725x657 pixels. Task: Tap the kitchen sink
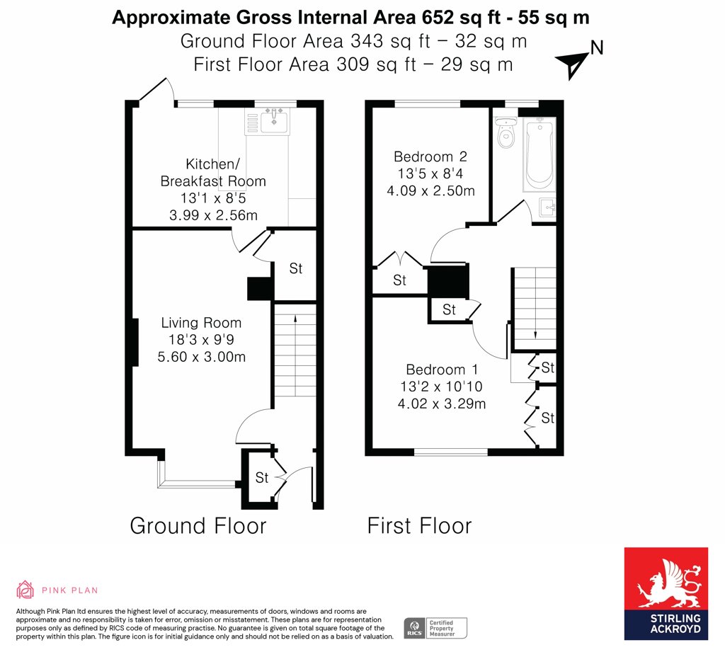pyautogui.click(x=274, y=121)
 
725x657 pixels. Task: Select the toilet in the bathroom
pyautogui.click(x=506, y=132)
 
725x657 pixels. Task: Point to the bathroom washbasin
pyautogui.click(x=547, y=207)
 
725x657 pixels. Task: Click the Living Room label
pyautogui.click(x=201, y=322)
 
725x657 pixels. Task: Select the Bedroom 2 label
pyautogui.click(x=430, y=156)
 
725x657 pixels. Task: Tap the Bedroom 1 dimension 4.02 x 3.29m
pyautogui.click(x=442, y=404)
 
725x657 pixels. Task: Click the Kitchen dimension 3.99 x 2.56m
pyautogui.click(x=213, y=215)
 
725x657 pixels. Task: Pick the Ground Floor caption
pyautogui.click(x=198, y=526)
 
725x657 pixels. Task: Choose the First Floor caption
pyautogui.click(x=419, y=526)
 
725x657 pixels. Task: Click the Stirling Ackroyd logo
pyautogui.click(x=666, y=594)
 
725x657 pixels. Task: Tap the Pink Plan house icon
pyautogui.click(x=25, y=590)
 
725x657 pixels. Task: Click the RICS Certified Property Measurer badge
pyautogui.click(x=435, y=629)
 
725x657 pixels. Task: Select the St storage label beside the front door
pyautogui.click(x=262, y=478)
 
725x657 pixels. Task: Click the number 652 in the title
pyautogui.click(x=438, y=18)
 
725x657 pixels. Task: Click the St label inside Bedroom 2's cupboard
pyautogui.click(x=399, y=280)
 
